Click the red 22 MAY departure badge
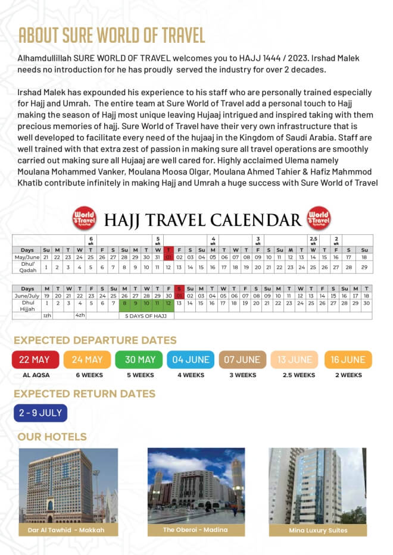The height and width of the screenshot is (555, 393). [35, 360]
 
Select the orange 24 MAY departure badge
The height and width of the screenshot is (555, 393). [88, 360]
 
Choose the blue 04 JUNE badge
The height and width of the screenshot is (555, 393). [191, 360]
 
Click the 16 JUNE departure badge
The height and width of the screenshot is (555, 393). [348, 360]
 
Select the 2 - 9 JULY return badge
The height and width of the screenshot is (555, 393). [41, 412]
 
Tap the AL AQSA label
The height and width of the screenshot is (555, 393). [36, 375]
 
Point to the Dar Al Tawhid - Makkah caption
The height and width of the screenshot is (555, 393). [66, 529]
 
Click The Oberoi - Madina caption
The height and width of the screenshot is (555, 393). [195, 529]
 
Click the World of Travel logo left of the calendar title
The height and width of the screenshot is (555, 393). [84, 218]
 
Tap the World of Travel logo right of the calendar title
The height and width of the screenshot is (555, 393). [318, 218]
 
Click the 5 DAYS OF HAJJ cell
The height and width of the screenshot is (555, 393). [146, 315]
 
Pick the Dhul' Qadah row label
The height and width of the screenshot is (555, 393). [28, 268]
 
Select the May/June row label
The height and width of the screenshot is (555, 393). [27, 257]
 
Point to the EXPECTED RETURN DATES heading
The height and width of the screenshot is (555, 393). [85, 394]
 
